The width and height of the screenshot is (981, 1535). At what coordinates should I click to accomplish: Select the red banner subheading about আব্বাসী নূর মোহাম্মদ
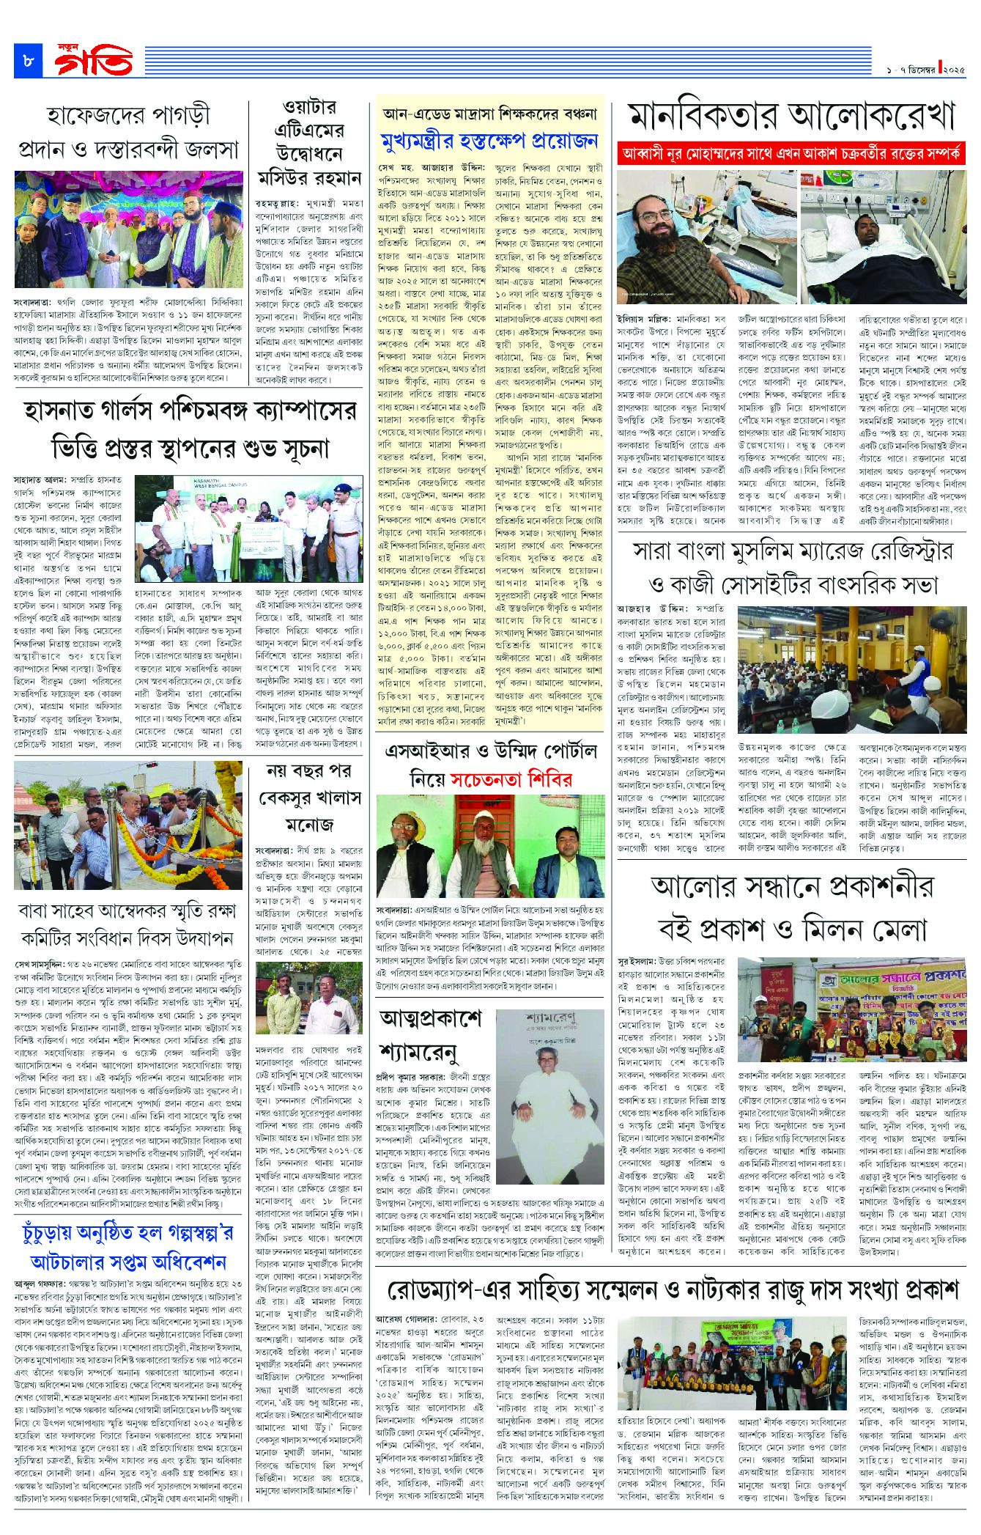(x=792, y=154)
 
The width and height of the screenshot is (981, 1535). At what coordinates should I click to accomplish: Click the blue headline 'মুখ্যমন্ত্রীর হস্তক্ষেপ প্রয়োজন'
(x=489, y=141)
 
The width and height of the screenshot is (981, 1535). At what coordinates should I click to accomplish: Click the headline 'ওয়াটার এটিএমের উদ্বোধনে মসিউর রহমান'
(x=310, y=144)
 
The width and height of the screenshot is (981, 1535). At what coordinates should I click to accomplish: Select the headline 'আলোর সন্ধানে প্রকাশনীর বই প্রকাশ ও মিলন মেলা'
(x=792, y=908)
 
